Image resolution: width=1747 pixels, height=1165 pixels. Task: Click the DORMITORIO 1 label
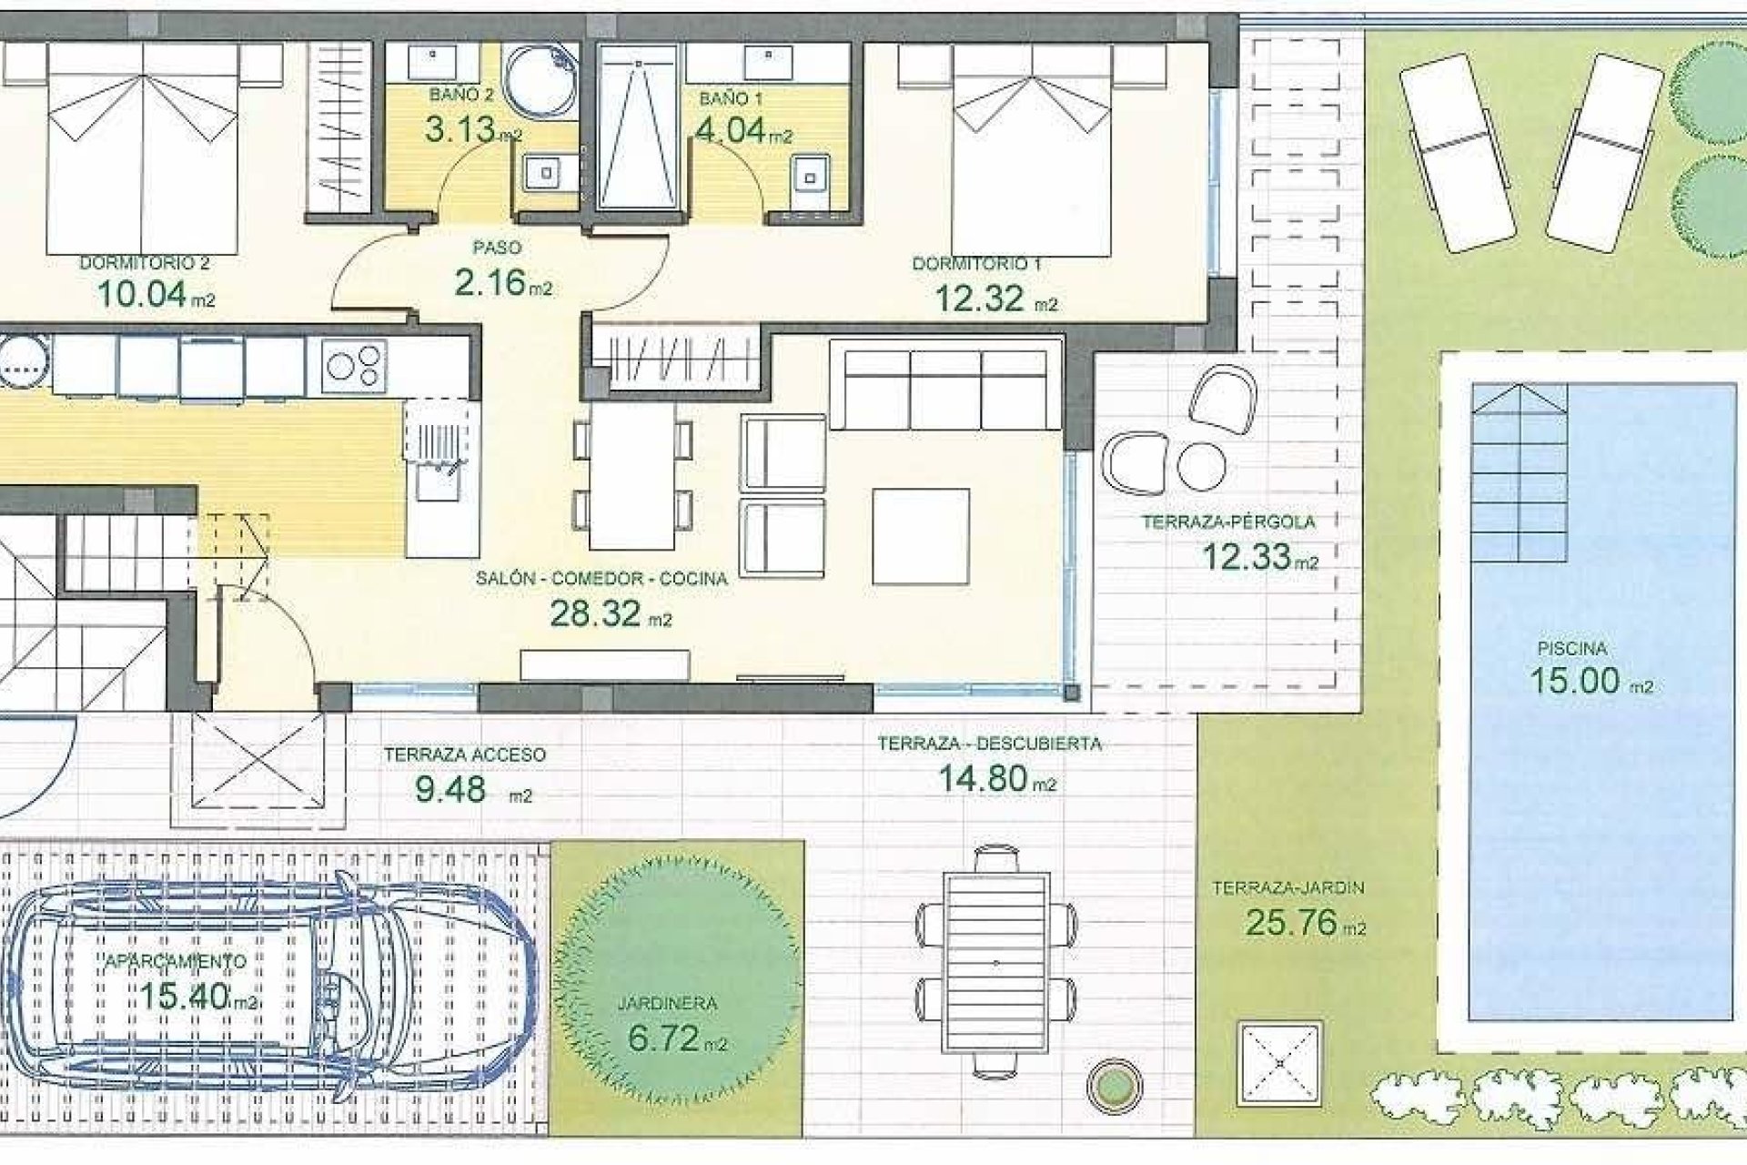coord(976,264)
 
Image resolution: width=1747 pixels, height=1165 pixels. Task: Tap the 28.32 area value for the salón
coord(596,614)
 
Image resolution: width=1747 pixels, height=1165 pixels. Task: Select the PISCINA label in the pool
coord(1571,649)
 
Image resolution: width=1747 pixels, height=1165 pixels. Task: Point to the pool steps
coord(1519,473)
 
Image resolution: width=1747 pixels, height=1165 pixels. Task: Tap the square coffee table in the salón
coord(920,536)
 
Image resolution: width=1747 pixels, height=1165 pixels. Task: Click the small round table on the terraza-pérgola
coord(1201,465)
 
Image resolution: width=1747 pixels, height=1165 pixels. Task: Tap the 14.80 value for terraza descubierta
coord(983,779)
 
